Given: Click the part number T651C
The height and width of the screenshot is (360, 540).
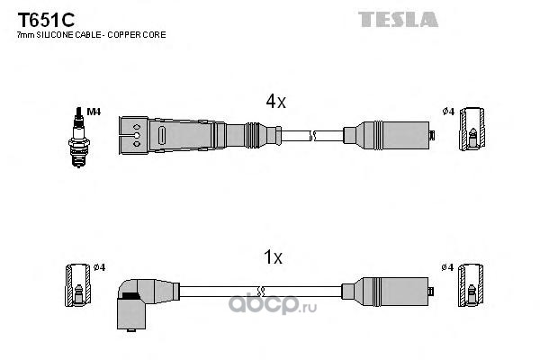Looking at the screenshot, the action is pyautogui.click(x=46, y=20).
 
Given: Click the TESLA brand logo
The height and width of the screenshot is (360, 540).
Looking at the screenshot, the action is pyautogui.click(x=398, y=19).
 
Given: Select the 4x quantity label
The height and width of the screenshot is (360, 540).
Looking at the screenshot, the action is pyautogui.click(x=275, y=102).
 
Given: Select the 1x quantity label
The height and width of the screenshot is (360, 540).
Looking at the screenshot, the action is pyautogui.click(x=273, y=257).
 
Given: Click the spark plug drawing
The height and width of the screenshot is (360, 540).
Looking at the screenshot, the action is pyautogui.click(x=79, y=137).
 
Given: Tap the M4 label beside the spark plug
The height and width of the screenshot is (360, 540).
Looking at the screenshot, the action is pyautogui.click(x=94, y=112).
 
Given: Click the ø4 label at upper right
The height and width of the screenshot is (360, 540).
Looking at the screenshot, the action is pyautogui.click(x=448, y=112).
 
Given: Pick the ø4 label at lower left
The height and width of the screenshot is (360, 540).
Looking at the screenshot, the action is pyautogui.click(x=99, y=267).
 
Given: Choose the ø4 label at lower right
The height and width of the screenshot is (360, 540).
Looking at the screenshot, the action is pyautogui.click(x=447, y=267).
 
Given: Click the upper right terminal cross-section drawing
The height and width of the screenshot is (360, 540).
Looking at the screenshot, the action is pyautogui.click(x=472, y=129).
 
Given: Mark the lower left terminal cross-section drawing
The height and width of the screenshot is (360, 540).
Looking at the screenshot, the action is pyautogui.click(x=78, y=285).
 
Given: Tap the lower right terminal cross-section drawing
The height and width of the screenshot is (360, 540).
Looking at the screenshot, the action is pyautogui.click(x=471, y=285).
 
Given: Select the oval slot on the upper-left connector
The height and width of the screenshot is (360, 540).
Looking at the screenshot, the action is pyautogui.click(x=162, y=136).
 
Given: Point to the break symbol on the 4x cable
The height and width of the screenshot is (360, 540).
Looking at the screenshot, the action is pyautogui.click(x=312, y=136).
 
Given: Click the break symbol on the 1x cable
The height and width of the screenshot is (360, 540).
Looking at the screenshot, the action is pyautogui.click(x=261, y=292).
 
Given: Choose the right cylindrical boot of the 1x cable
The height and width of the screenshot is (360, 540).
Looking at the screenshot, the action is pyautogui.click(x=387, y=292).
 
